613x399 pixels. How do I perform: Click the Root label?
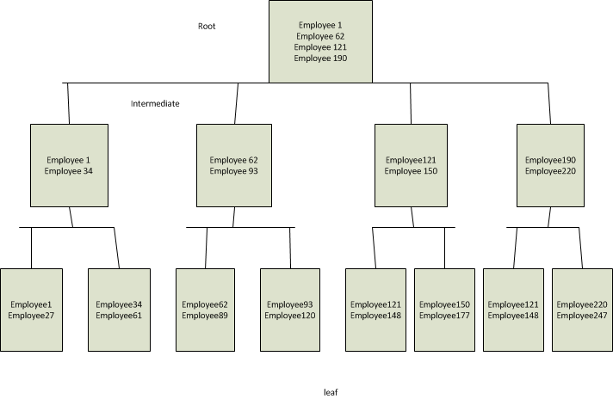(207, 26)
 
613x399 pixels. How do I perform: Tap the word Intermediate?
(155, 103)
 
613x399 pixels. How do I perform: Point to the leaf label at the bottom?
(331, 392)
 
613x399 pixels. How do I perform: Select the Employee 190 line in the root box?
(320, 58)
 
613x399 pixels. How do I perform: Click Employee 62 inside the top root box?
(320, 37)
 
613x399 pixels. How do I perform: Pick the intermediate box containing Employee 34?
(69, 165)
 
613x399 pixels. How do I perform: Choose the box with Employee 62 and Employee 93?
(234, 165)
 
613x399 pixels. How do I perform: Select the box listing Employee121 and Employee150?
(412, 165)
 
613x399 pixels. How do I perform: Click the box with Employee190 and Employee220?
(551, 165)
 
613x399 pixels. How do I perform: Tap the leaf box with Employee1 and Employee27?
(32, 310)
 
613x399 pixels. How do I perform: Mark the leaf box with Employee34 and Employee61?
(119, 310)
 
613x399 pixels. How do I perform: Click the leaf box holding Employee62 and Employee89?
(206, 310)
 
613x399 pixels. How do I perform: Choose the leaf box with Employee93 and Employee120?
(290, 310)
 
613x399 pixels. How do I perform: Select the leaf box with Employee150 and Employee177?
(444, 310)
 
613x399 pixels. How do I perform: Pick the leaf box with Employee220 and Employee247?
(581, 310)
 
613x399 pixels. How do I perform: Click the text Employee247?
(581, 316)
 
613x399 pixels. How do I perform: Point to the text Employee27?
(32, 316)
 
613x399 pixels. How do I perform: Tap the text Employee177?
(444, 316)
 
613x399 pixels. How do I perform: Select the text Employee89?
(206, 316)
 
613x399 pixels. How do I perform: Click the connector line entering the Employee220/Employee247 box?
(582, 249)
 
